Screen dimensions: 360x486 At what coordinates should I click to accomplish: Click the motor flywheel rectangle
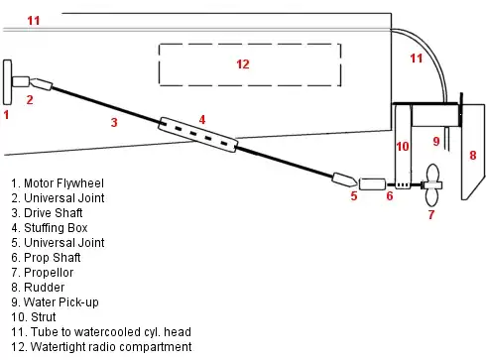[9, 81]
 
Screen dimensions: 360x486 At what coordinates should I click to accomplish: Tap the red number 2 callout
[30, 99]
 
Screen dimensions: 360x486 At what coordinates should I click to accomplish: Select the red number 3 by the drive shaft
[114, 123]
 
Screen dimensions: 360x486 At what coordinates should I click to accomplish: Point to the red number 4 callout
[202, 119]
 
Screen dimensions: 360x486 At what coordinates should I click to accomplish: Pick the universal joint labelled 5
[344, 180]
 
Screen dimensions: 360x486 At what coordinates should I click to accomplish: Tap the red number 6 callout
[390, 196]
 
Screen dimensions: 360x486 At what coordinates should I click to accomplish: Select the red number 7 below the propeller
[430, 213]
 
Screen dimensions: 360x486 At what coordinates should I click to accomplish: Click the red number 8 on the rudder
[473, 155]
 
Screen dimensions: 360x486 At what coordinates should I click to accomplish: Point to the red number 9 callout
[436, 141]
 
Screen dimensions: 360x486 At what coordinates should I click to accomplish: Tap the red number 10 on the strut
[402, 146]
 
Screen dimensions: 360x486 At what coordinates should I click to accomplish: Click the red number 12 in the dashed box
[243, 64]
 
